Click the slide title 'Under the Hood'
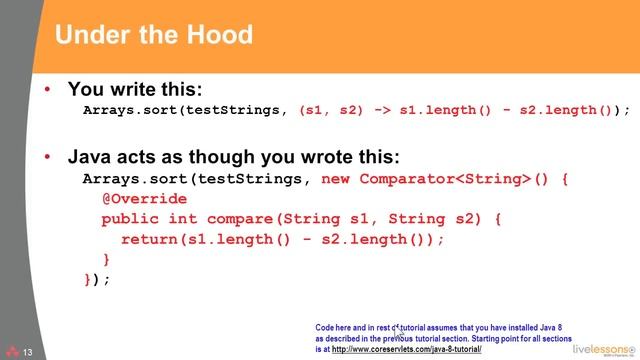click(x=153, y=36)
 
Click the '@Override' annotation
click(x=144, y=198)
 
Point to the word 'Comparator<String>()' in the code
click(x=456, y=179)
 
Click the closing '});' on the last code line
click(x=96, y=279)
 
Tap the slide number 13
click(x=28, y=352)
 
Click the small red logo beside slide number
click(x=11, y=352)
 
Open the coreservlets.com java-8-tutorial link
click(x=405, y=349)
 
